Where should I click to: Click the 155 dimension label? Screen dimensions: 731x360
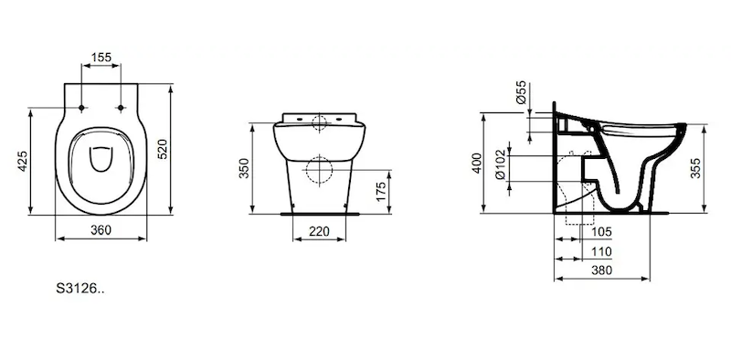pos(101,57)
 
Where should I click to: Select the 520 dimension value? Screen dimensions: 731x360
pos(163,149)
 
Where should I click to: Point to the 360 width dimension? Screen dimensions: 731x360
pos(101,230)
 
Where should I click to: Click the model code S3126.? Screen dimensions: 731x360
pos(80,289)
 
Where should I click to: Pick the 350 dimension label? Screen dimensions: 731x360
pos(245,168)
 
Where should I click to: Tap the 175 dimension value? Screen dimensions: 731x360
pos(381,192)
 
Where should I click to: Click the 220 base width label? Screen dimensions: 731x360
pos(319,231)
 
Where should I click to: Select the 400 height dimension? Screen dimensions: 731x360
pos(476,164)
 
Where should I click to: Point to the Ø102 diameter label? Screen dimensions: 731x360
pos(500,164)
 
